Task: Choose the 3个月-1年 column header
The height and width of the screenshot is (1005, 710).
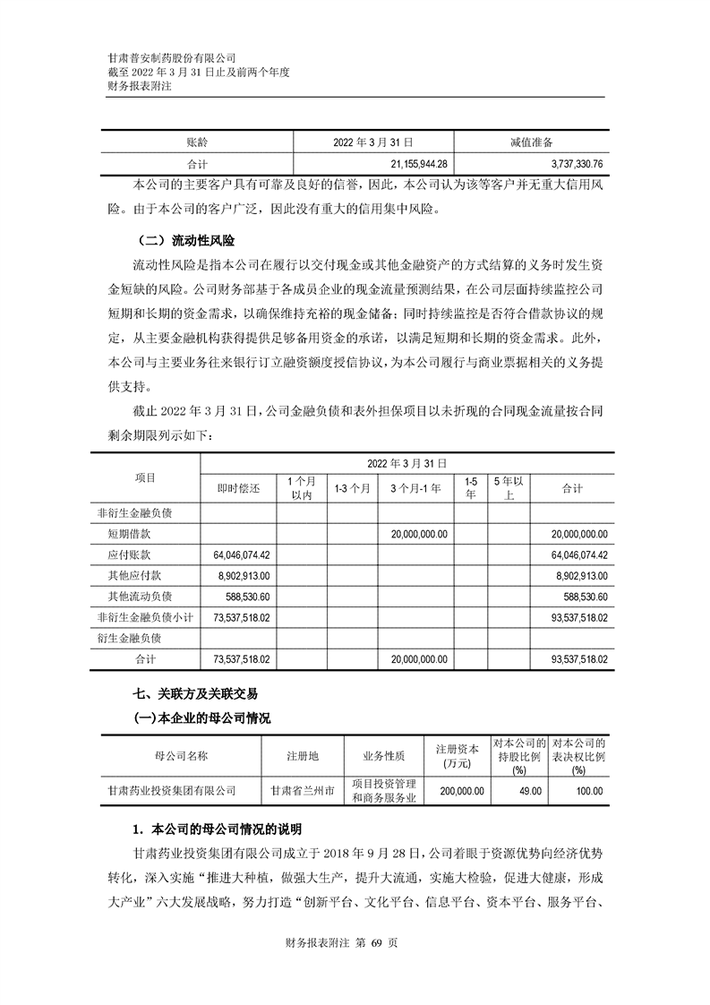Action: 415,488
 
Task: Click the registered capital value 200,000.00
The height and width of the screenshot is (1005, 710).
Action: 462,791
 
